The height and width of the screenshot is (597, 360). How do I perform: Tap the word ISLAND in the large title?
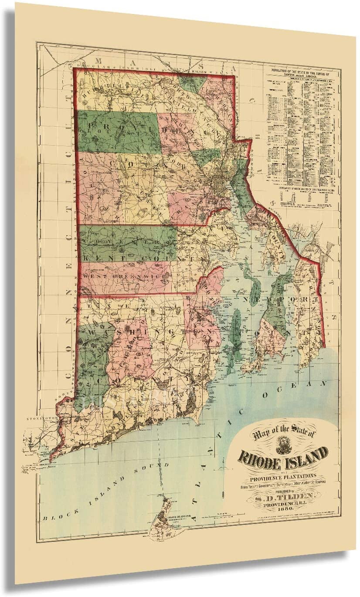coord(305,454)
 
